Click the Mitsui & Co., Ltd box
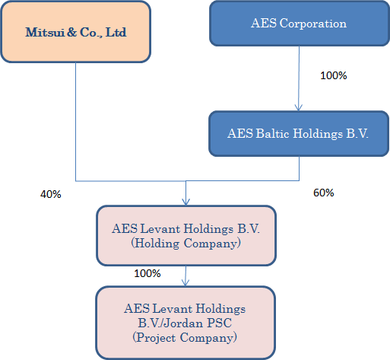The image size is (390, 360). (x=76, y=32)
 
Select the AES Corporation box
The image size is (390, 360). (x=300, y=24)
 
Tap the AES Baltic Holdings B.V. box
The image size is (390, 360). (x=299, y=134)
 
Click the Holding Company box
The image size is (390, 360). (x=186, y=236)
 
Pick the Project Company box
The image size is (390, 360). (x=185, y=323)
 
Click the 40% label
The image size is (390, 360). (x=51, y=194)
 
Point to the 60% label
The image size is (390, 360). (x=324, y=193)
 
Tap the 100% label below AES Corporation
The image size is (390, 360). (x=334, y=75)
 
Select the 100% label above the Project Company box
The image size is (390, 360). (x=147, y=273)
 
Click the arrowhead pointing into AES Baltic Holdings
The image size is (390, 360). (x=299, y=108)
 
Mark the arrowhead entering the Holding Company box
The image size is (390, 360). (x=185, y=202)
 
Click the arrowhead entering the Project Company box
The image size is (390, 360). (x=185, y=282)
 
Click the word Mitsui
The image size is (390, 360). (x=45, y=33)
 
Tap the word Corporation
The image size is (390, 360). (x=313, y=24)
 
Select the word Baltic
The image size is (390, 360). (x=272, y=133)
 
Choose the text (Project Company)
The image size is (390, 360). (x=185, y=338)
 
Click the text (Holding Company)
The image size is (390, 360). (x=185, y=243)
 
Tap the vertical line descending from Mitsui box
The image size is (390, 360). (x=75, y=122)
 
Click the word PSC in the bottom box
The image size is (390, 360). (x=220, y=323)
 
